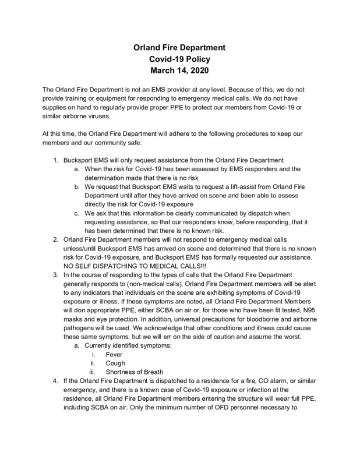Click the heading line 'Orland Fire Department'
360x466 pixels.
point(180,47)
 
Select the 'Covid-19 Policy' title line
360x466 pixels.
point(180,59)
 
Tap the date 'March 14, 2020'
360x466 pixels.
point(180,72)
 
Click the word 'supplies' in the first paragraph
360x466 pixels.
point(57,107)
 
